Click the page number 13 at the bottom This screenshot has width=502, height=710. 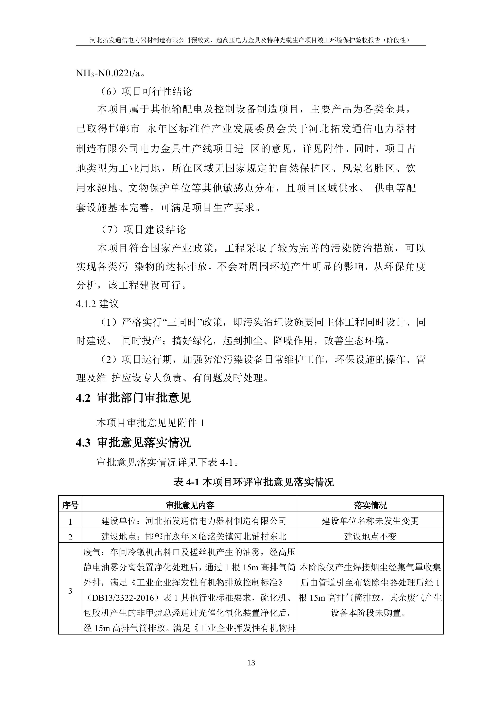251,662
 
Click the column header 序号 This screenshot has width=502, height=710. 70,505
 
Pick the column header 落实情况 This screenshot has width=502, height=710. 370,505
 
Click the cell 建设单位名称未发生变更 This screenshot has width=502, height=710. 370,521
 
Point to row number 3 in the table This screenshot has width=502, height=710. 70,591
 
